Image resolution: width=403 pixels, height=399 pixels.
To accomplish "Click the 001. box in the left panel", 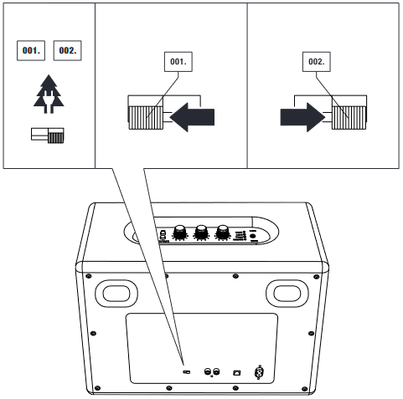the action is click(31, 50).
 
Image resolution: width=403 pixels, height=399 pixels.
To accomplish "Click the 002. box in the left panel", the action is click(67, 50).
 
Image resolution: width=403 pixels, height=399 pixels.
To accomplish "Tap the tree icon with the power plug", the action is click(49, 94).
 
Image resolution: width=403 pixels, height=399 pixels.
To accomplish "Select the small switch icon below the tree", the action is click(48, 136).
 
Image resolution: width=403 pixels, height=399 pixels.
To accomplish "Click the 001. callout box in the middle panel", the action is click(178, 62).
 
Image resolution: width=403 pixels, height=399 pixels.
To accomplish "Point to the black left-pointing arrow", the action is click(192, 117).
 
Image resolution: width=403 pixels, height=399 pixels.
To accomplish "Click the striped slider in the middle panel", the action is click(146, 118).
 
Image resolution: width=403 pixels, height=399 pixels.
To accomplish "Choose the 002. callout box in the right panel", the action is click(317, 62).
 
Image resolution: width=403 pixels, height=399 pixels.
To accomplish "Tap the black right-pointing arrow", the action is click(302, 117).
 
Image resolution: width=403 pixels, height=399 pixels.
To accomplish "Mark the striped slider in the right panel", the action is click(349, 118).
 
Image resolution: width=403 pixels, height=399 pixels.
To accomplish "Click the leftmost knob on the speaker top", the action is click(180, 233).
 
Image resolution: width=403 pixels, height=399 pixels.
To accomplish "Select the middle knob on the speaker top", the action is click(201, 233).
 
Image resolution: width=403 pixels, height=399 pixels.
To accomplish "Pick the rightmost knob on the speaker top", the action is click(223, 233).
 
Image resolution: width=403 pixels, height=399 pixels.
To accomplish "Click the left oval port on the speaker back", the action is click(116, 294).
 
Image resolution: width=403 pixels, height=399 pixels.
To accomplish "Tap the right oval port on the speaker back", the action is click(287, 294).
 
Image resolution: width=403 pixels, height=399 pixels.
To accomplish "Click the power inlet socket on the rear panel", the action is click(260, 372).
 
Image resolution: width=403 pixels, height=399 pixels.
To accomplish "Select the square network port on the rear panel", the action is click(237, 372).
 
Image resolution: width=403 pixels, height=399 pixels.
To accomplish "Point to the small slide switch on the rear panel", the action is click(186, 372).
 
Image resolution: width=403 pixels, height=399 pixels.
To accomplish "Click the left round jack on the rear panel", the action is click(208, 371).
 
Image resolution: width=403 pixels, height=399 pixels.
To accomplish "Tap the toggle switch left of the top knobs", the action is click(163, 235).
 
